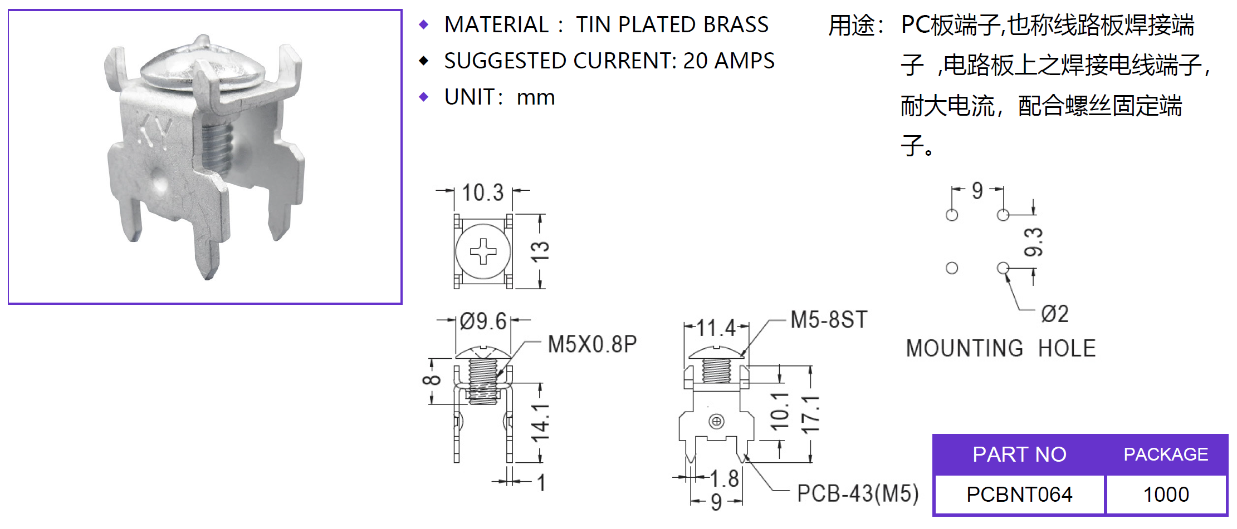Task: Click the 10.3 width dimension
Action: (x=482, y=193)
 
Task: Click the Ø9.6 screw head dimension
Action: (x=483, y=322)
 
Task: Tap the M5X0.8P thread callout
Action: (x=592, y=344)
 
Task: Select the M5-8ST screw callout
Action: (x=829, y=320)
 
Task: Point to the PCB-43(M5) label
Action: (x=857, y=493)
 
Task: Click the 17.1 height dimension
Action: (x=810, y=415)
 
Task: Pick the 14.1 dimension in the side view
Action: (x=540, y=423)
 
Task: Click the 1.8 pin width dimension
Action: (x=725, y=478)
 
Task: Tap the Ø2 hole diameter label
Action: (x=1054, y=314)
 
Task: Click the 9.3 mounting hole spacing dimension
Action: (x=1033, y=242)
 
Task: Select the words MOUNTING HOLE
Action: (x=1000, y=349)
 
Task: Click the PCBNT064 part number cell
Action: (x=1019, y=495)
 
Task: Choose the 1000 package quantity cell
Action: (x=1166, y=495)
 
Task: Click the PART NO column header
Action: (x=1019, y=454)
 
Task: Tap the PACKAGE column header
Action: (x=1166, y=454)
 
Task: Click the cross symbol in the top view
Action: (x=483, y=251)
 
